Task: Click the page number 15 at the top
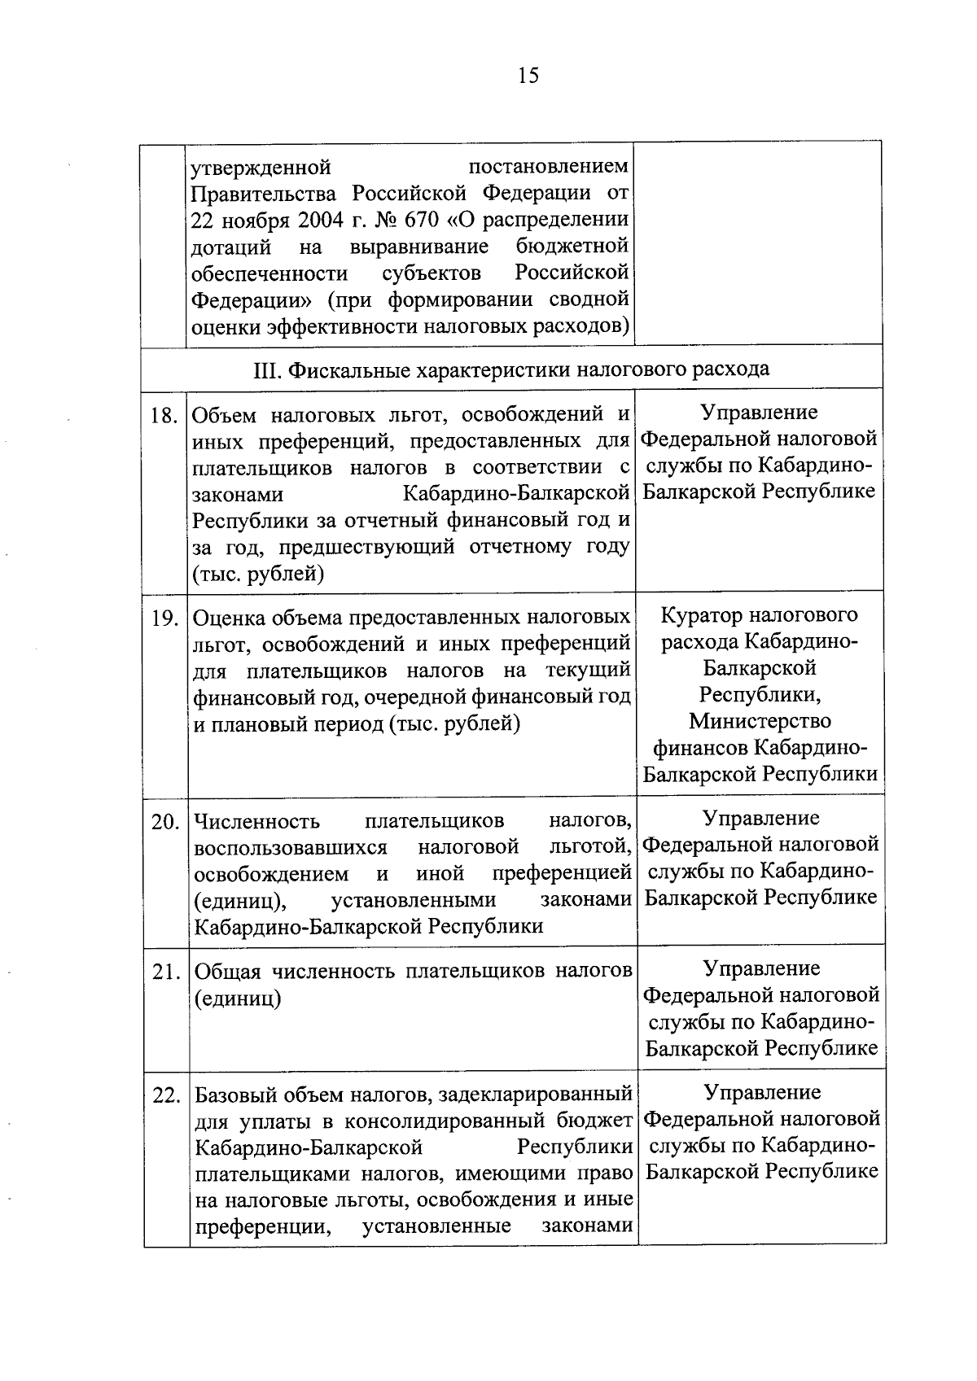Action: tap(528, 76)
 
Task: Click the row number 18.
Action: tap(164, 416)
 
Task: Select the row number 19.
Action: tap(165, 618)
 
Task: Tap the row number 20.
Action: tap(165, 822)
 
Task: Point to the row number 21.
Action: tap(165, 972)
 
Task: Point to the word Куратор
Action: tap(699, 615)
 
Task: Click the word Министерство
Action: tap(760, 721)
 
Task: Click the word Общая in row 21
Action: tap(228, 971)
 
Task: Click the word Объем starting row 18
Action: tap(225, 415)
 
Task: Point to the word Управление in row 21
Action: tap(761, 968)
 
